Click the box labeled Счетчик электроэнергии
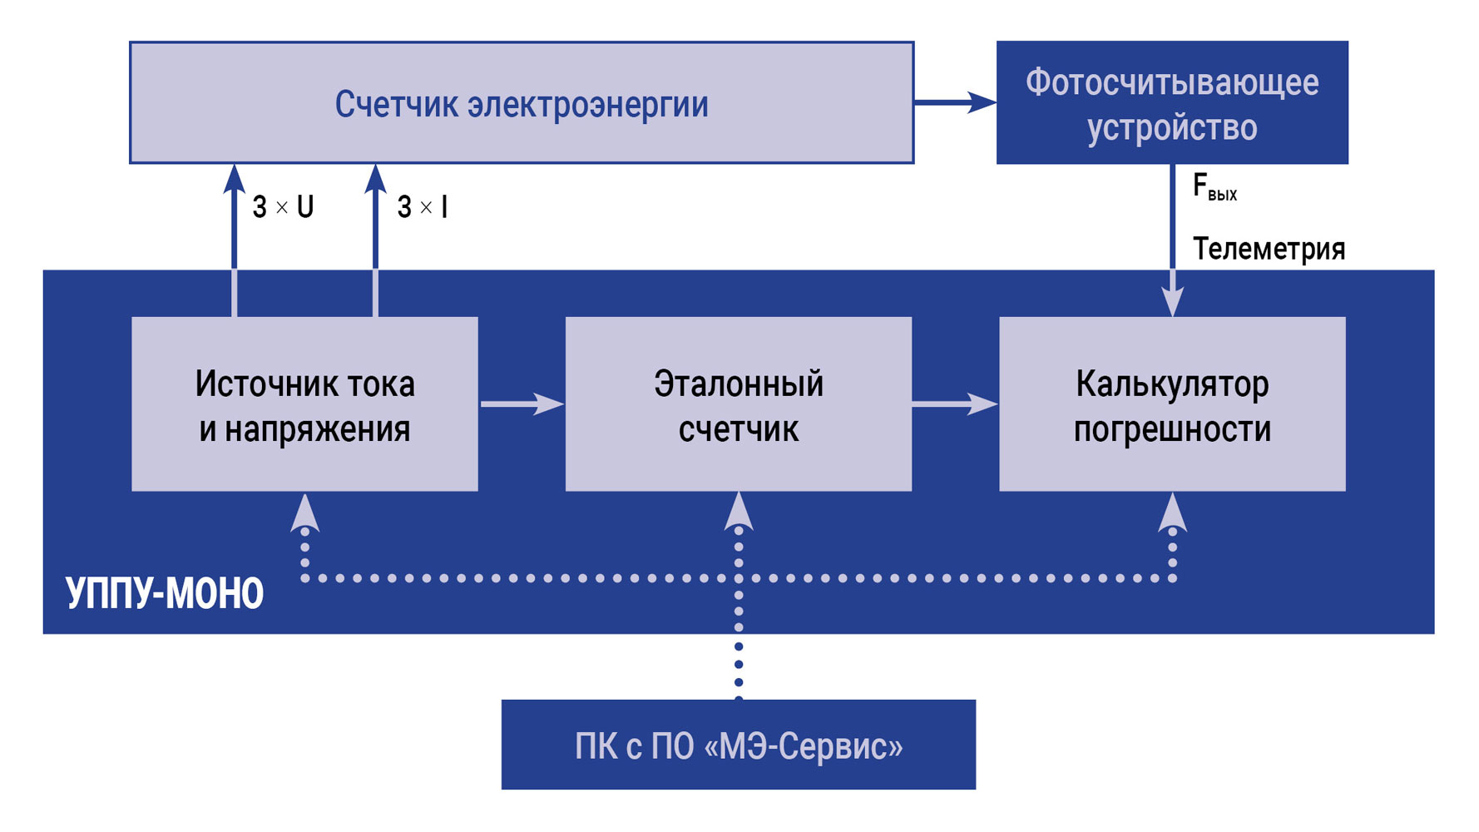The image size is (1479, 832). pyautogui.click(x=522, y=103)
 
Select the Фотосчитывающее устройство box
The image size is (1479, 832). pyautogui.click(x=1171, y=103)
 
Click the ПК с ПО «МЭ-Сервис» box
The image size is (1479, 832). pyautogui.click(x=738, y=745)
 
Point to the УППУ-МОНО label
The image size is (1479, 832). pyautogui.click(x=165, y=593)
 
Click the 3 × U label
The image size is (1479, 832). pyautogui.click(x=283, y=206)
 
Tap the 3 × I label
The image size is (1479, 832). pyautogui.click(x=423, y=206)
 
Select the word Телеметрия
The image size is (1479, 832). pyautogui.click(x=1269, y=248)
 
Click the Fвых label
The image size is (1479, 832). pyautogui.click(x=1214, y=187)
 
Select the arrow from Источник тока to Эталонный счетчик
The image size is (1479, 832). pyautogui.click(x=522, y=404)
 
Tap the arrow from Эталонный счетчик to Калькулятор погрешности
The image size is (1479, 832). pyautogui.click(x=955, y=404)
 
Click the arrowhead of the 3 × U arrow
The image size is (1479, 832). pyautogui.click(x=235, y=179)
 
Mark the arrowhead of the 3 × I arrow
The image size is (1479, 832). pyautogui.click(x=375, y=179)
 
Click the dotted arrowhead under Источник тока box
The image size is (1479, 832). pyautogui.click(x=304, y=512)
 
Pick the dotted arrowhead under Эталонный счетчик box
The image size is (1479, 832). pyautogui.click(x=738, y=512)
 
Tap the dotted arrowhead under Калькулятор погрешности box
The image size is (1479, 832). pyautogui.click(x=1172, y=512)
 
